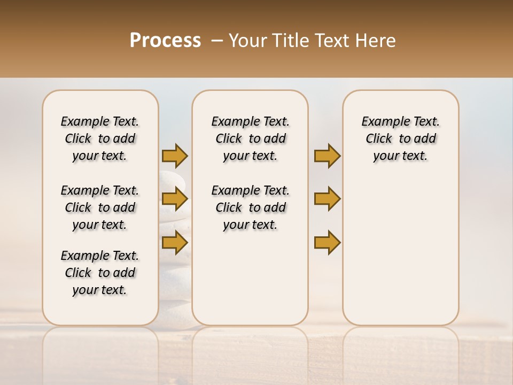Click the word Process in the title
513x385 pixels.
click(x=165, y=41)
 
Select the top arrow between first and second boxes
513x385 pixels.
click(x=175, y=156)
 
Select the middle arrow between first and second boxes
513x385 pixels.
click(x=175, y=199)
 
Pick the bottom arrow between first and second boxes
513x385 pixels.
click(x=175, y=243)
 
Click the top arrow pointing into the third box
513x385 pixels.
click(x=327, y=156)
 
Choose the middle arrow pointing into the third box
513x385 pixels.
click(x=327, y=199)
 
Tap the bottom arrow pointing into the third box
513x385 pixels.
click(x=327, y=243)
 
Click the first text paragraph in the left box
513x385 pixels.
click(x=100, y=138)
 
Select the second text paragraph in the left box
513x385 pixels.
click(x=100, y=207)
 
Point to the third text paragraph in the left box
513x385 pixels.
click(x=100, y=273)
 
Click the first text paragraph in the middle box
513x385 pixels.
click(x=250, y=138)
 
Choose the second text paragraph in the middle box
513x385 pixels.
click(x=250, y=207)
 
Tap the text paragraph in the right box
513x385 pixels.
click(x=400, y=138)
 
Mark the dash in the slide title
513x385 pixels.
click(x=217, y=41)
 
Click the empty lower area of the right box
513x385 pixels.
click(x=400, y=251)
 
